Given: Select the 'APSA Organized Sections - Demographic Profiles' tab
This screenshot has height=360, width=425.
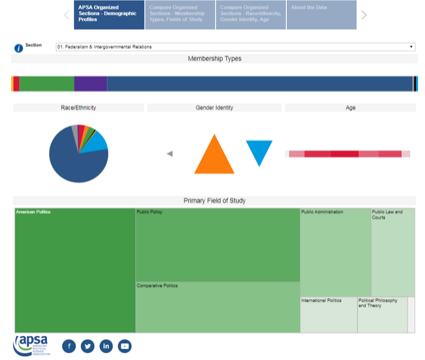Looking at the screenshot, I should (x=109, y=15).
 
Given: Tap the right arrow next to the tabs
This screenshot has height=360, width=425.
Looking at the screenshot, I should (x=364, y=15).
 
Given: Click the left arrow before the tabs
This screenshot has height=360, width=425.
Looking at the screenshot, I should (x=67, y=15).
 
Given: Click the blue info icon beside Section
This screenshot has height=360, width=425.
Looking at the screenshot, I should (x=19, y=48).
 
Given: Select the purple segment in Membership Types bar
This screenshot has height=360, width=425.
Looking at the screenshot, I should (x=90, y=83).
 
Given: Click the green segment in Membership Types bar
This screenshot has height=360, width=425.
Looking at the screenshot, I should (x=46, y=83).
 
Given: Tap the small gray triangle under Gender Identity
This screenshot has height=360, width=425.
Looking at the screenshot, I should (x=170, y=154).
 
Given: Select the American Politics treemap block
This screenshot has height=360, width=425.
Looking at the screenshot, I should (x=75, y=270).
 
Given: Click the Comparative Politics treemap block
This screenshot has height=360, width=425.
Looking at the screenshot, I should (x=217, y=307).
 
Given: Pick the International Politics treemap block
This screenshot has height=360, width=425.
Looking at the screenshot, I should (x=328, y=315).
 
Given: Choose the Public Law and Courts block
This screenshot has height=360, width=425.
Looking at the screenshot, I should (x=393, y=252).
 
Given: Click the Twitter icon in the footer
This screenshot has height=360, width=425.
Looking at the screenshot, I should (x=88, y=346).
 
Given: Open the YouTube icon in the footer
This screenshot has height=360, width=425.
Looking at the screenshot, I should (x=124, y=346).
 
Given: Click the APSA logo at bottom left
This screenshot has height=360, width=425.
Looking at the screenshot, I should (x=31, y=345).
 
